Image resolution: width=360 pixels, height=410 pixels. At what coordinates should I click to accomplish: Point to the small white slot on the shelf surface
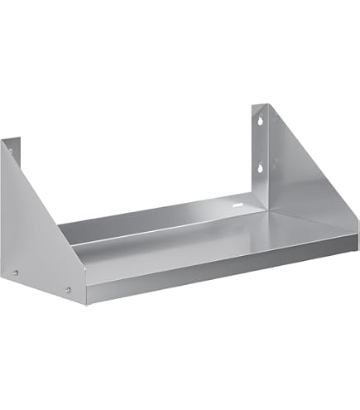[x=238, y=201]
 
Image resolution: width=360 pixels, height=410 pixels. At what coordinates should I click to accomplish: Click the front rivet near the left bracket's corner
[x=69, y=290]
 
